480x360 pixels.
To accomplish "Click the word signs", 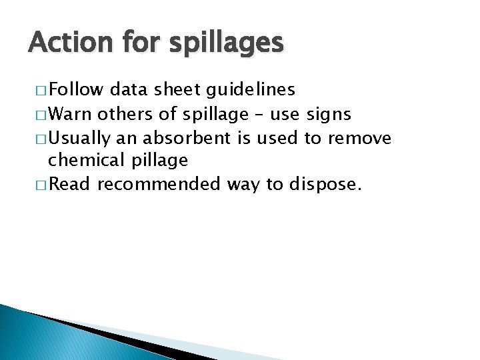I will click(328, 114).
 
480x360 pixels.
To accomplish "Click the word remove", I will click(361, 138).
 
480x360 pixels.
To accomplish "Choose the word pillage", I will click(160, 161).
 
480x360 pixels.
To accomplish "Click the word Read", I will click(69, 183).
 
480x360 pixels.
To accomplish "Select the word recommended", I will click(158, 183).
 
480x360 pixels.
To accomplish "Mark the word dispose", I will click(325, 184).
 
